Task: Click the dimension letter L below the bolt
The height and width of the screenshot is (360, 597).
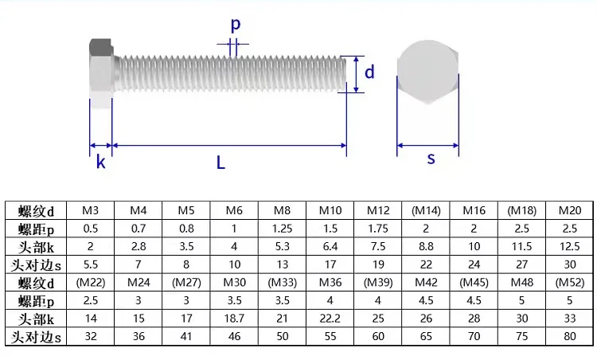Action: click(220, 163)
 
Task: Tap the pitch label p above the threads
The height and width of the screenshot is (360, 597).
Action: click(236, 25)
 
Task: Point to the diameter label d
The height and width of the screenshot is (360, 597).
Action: click(369, 72)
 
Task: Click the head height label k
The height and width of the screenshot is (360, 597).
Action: click(101, 163)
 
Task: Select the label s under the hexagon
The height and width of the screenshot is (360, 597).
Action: click(431, 158)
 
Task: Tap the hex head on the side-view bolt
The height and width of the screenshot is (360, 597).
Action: click(99, 72)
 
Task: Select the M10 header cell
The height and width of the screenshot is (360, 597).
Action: click(330, 211)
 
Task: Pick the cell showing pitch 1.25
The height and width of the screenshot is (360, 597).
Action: click(282, 229)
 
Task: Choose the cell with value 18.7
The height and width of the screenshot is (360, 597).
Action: click(234, 319)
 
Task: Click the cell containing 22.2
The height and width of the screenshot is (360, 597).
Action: click(330, 319)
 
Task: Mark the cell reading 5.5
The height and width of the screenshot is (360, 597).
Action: click(90, 264)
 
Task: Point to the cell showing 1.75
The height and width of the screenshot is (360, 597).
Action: click(377, 229)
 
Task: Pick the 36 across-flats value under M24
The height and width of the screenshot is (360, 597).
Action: click(139, 336)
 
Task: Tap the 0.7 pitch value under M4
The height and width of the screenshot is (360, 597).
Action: click(139, 229)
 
